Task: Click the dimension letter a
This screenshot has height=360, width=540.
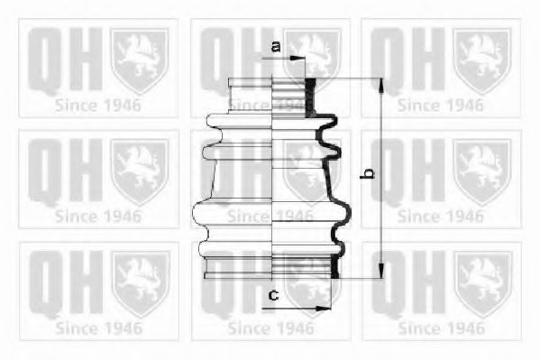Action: [x=276, y=46]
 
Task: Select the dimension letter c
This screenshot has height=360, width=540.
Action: [x=273, y=295]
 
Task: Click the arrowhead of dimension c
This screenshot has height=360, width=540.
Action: [x=324, y=308]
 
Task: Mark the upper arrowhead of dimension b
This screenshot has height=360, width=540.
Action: [x=381, y=86]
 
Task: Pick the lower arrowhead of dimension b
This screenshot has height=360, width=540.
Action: [x=381, y=271]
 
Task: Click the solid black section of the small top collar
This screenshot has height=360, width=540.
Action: [x=311, y=97]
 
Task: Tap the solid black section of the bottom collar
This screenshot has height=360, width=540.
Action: [x=334, y=266]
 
